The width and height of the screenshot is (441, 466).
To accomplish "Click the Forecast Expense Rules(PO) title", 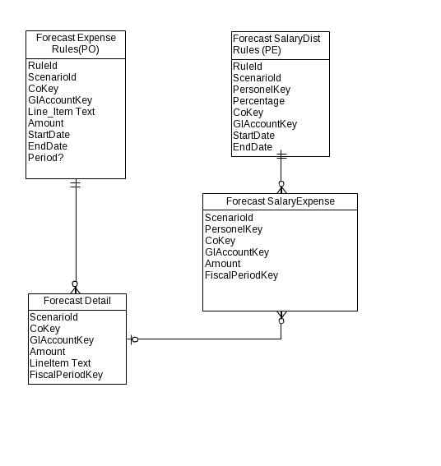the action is click(x=76, y=44).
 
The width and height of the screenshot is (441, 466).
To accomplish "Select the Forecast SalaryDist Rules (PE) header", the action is click(x=276, y=44).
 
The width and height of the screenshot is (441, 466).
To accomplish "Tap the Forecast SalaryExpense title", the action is click(x=281, y=201).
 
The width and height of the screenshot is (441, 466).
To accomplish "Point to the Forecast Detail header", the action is click(x=77, y=301).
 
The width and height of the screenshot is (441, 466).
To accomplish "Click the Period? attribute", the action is click(x=46, y=158).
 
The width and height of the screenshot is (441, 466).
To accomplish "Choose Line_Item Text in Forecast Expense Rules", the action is click(x=62, y=112).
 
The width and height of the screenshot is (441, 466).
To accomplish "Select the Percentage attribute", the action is click(x=258, y=101).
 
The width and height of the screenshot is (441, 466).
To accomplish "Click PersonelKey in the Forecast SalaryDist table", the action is click(x=262, y=90).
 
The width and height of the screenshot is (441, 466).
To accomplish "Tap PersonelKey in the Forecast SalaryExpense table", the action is click(x=234, y=229).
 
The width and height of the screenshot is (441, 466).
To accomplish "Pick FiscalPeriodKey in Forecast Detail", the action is click(x=66, y=375).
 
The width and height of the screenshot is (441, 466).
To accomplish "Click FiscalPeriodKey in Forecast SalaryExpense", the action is click(x=241, y=275).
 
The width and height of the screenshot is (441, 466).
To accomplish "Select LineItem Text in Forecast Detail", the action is click(x=60, y=363).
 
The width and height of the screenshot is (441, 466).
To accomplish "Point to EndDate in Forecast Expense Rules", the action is click(x=48, y=146).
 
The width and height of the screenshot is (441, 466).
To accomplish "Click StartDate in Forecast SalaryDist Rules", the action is click(x=253, y=136).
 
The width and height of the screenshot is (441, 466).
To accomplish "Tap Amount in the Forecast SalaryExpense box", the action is click(x=223, y=264).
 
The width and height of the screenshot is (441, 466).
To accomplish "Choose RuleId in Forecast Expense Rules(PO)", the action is click(x=43, y=66).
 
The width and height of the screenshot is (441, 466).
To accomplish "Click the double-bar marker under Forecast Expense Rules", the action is click(x=76, y=184).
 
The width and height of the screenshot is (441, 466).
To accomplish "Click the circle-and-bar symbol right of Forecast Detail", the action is click(x=133, y=339).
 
